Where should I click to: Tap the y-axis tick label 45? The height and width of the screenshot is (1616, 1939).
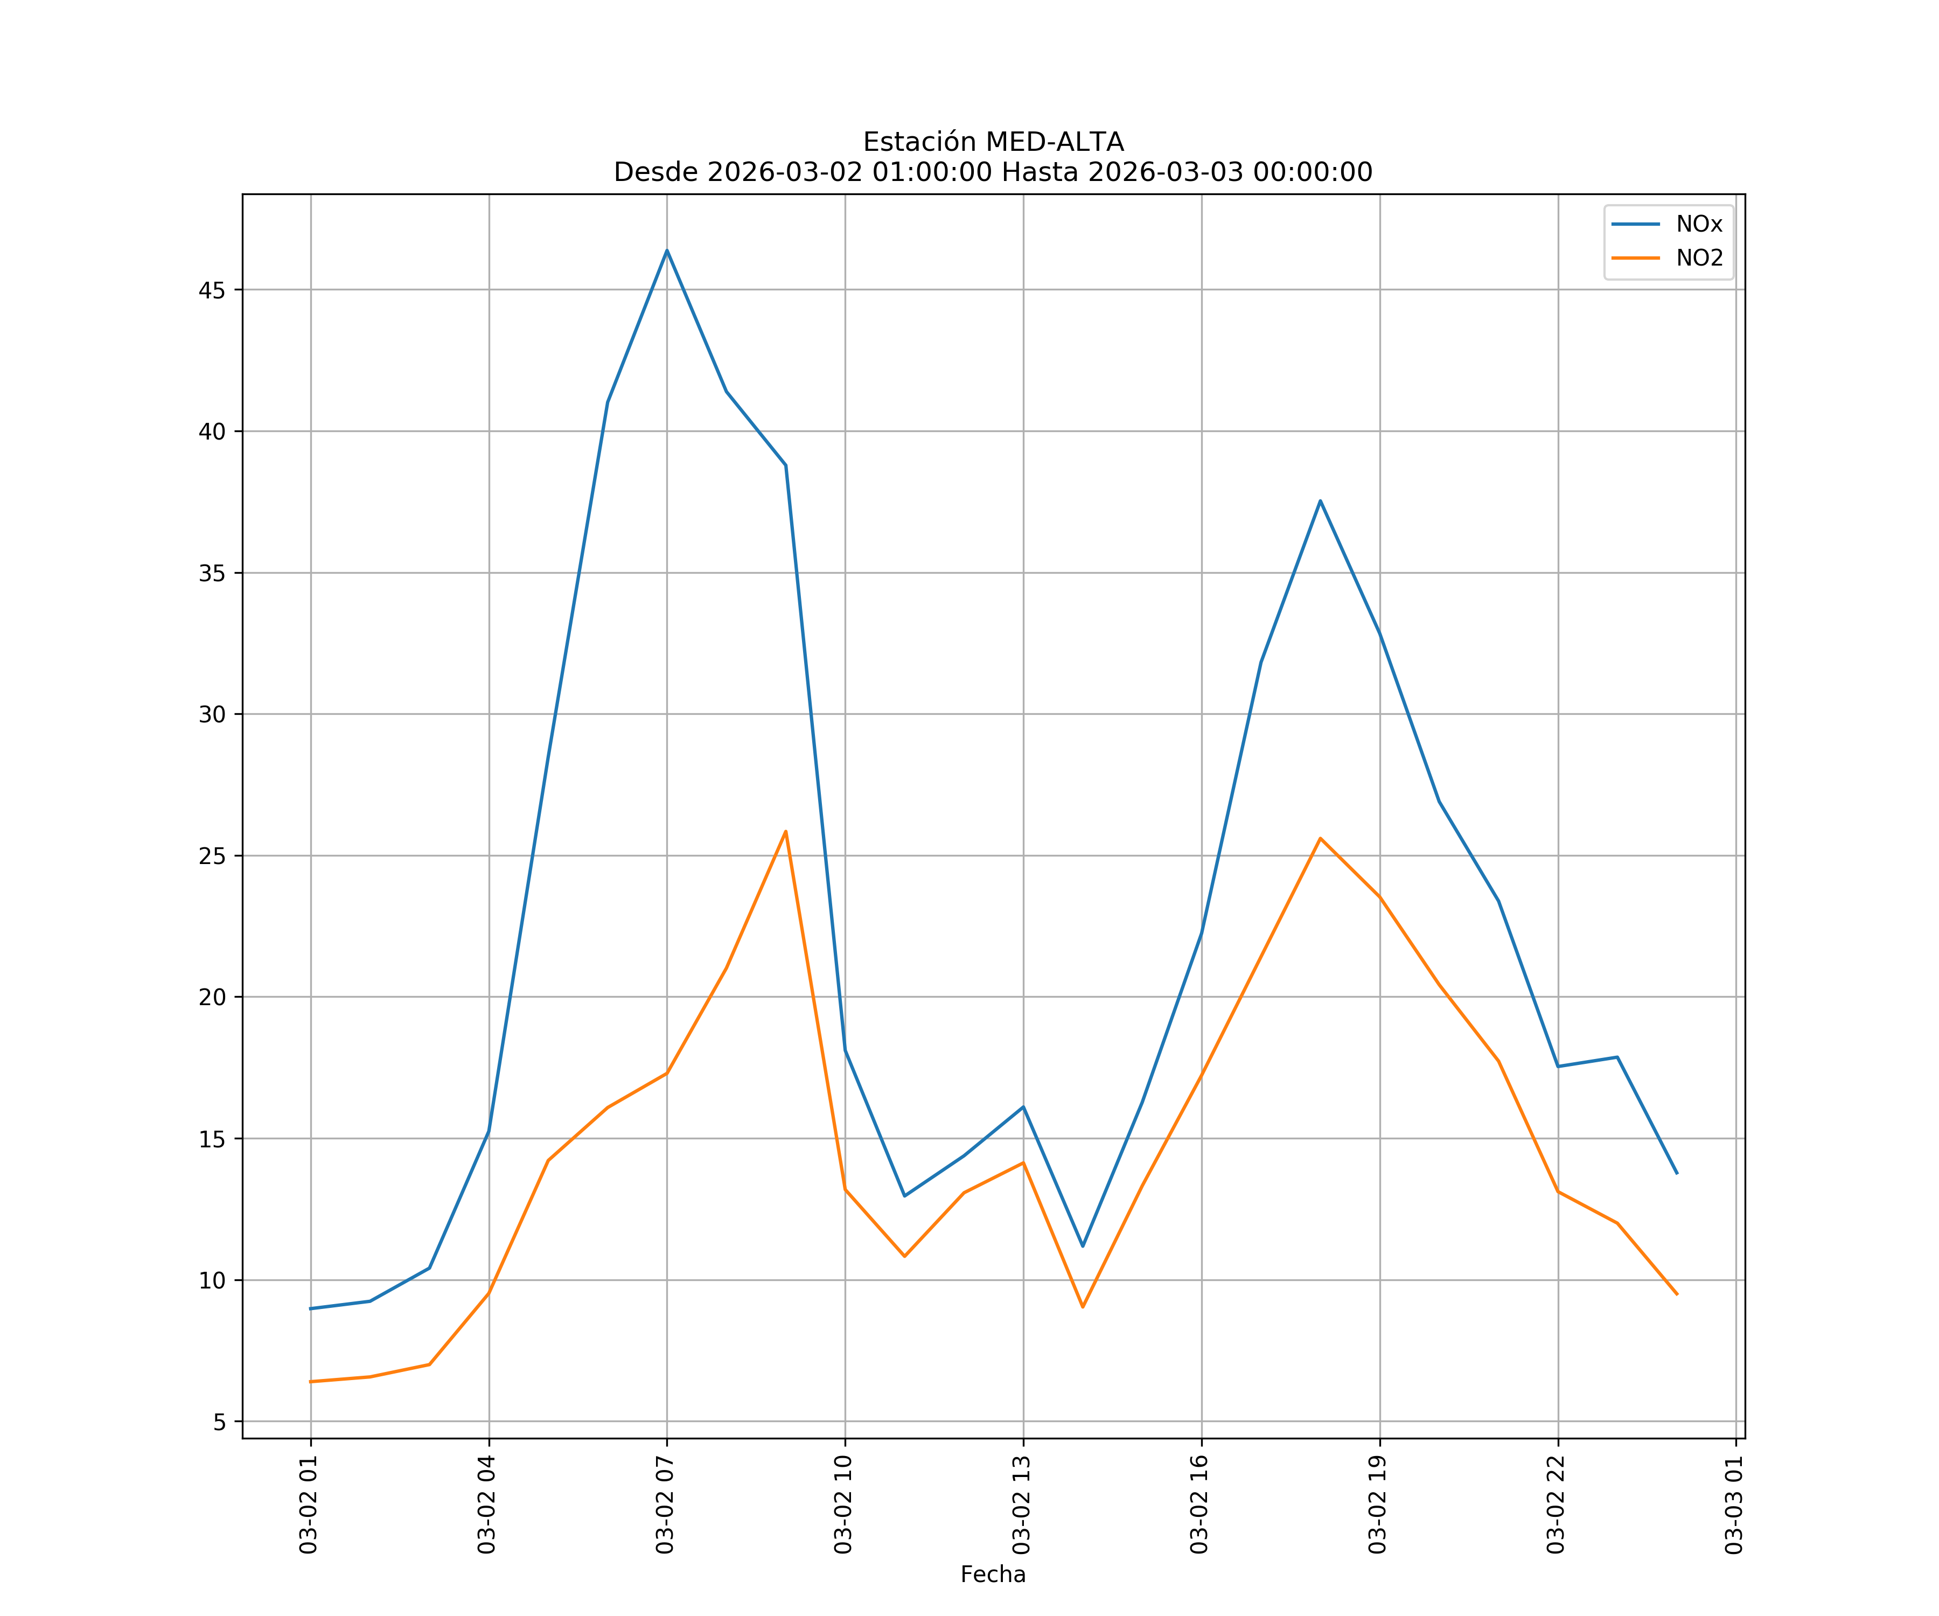[212, 290]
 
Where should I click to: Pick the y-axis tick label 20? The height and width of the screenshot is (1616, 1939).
[212, 997]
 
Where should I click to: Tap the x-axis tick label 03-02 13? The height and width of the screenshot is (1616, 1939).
[1022, 1504]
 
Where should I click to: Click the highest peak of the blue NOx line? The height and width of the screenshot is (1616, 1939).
[667, 250]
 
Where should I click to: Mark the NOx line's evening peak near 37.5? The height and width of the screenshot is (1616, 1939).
[1320, 500]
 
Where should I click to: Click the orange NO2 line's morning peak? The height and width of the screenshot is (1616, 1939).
[786, 831]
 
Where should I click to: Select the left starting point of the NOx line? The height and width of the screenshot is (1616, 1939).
[311, 1308]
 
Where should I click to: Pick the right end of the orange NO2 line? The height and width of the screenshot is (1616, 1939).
[1677, 1294]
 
